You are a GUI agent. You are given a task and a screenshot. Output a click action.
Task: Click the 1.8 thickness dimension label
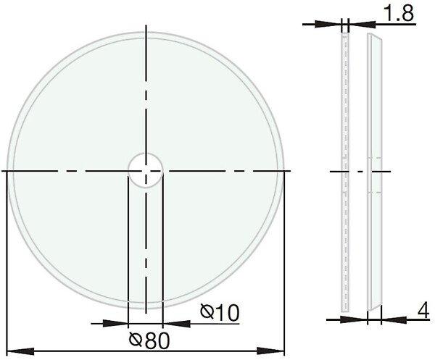point(399,13)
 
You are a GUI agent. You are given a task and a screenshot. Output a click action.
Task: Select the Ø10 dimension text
point(220,313)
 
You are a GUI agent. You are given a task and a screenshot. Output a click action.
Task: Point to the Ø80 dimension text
point(149,340)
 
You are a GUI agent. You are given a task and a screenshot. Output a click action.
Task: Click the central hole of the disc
point(146,170)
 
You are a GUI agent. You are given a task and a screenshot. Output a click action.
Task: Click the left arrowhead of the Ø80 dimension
point(20,351)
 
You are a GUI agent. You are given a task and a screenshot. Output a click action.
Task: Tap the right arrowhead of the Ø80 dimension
point(270,351)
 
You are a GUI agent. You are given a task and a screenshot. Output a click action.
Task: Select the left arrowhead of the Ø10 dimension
point(115,323)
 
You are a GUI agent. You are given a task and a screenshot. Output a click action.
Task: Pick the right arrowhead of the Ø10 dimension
point(176,323)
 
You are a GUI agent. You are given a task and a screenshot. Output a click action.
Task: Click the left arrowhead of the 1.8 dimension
point(328,24)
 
